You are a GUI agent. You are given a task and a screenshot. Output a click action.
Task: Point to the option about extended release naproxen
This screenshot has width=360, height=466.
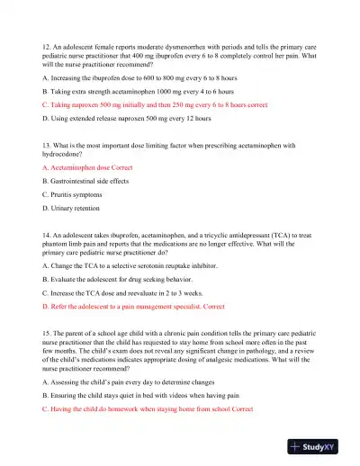[x=127, y=117]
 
